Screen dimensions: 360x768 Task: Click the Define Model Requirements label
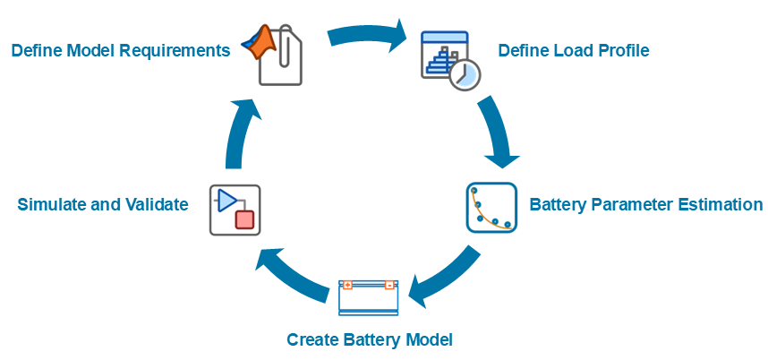click(121, 50)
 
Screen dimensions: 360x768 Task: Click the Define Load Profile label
click(573, 50)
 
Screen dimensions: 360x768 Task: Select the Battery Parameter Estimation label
click(646, 204)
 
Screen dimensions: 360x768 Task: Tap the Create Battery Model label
click(370, 340)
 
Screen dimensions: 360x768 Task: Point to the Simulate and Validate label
click(103, 204)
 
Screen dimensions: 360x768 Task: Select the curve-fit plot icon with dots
click(491, 208)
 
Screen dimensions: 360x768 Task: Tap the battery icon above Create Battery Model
click(368, 297)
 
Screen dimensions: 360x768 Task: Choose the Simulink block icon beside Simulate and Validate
click(235, 210)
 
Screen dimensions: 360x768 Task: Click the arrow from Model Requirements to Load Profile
click(367, 36)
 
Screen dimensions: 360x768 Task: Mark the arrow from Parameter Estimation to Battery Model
click(443, 278)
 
